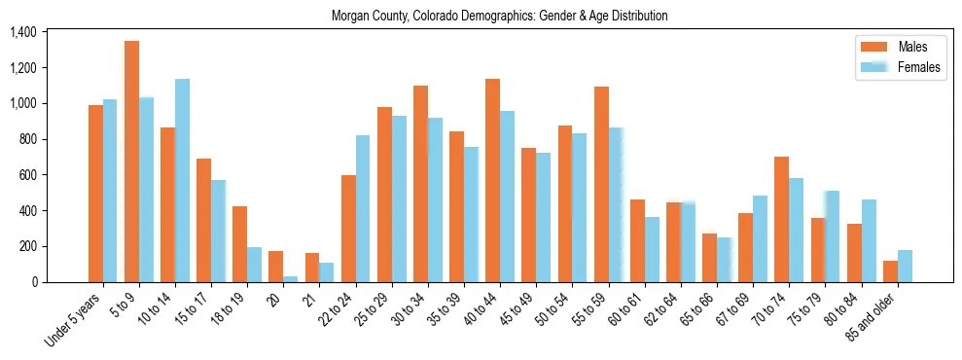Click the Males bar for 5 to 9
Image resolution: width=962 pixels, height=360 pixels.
(x=131, y=162)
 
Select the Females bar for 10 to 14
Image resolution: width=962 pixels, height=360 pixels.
(x=182, y=180)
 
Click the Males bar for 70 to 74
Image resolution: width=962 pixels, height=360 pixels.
(x=782, y=219)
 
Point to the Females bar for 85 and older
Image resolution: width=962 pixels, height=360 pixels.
(x=905, y=266)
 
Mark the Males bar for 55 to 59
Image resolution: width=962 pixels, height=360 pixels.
(x=601, y=184)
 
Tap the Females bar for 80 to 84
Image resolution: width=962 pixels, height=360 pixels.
(x=869, y=240)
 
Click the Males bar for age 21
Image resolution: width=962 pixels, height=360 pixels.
(x=312, y=268)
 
